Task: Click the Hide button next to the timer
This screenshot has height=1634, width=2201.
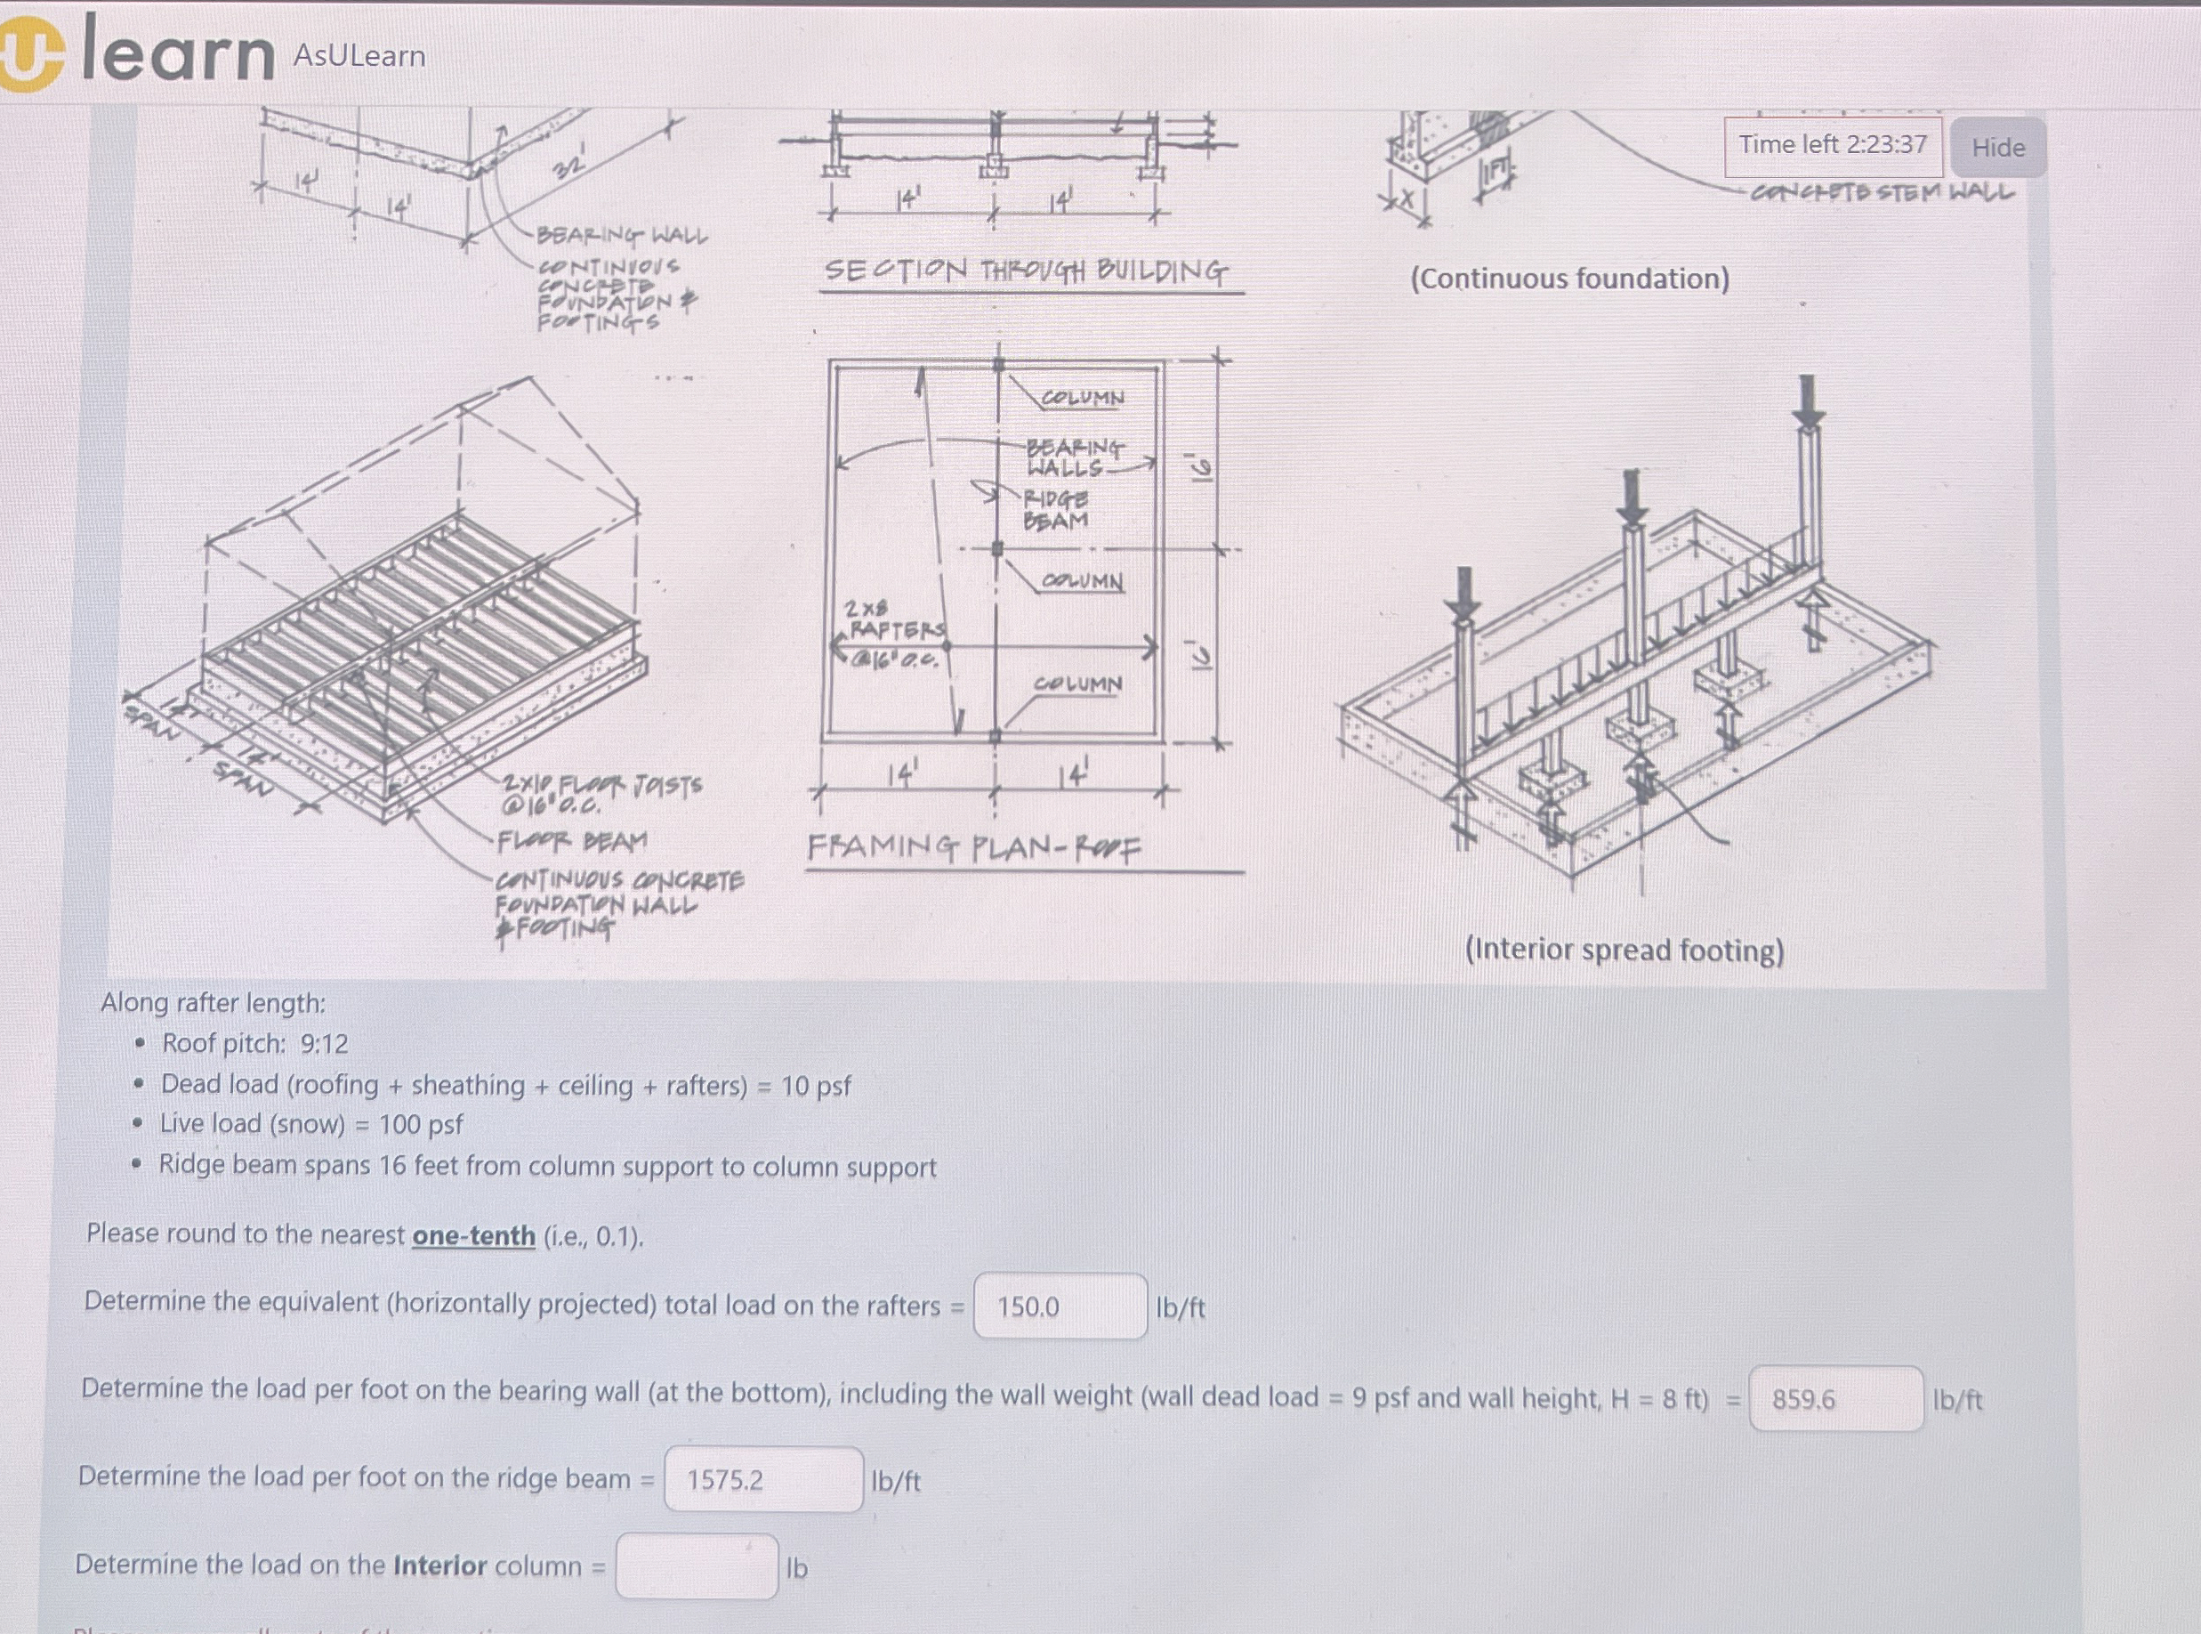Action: pyautogui.click(x=1997, y=148)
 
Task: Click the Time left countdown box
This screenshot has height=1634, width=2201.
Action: pyautogui.click(x=1832, y=145)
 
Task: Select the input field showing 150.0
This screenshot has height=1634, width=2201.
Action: pyautogui.click(x=1060, y=1306)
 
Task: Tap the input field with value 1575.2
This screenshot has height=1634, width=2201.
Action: pyautogui.click(x=763, y=1480)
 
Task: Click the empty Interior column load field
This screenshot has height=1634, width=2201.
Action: pyautogui.click(x=696, y=1566)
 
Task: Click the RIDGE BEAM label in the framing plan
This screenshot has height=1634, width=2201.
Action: pyautogui.click(x=1056, y=509)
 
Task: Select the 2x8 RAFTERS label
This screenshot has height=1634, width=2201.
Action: pyautogui.click(x=894, y=619)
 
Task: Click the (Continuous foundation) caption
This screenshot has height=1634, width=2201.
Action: pyautogui.click(x=1569, y=279)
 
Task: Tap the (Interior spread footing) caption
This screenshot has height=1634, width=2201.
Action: pyautogui.click(x=1624, y=950)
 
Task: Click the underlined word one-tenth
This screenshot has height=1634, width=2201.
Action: pyautogui.click(x=473, y=1235)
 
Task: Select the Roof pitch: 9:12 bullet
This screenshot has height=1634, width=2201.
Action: pyautogui.click(x=254, y=1044)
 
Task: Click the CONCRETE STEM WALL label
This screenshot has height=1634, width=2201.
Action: pyautogui.click(x=1882, y=192)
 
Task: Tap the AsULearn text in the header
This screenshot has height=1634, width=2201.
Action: pyautogui.click(x=359, y=56)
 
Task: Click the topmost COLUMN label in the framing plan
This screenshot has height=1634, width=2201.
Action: pyautogui.click(x=1082, y=398)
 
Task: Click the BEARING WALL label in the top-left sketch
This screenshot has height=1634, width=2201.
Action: pyautogui.click(x=622, y=236)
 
